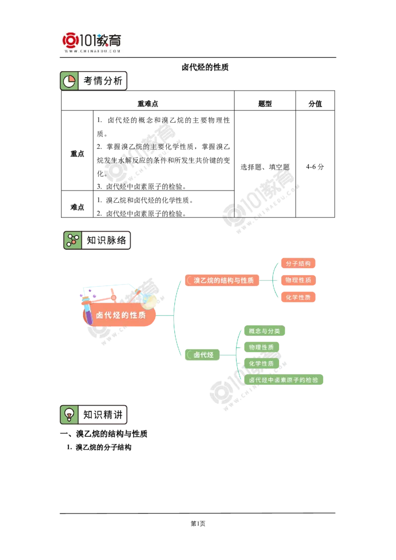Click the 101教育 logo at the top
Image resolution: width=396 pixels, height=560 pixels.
coord(93,42)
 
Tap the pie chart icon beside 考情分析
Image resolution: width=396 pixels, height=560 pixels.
coord(69,81)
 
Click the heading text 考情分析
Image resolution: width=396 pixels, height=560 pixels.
coord(102,81)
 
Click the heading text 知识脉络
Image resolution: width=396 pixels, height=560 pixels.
coord(106,240)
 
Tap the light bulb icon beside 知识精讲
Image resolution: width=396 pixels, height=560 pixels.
coord(69,415)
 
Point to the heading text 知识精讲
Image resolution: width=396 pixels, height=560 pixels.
coord(102,415)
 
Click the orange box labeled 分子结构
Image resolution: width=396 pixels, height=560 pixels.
coord(298,263)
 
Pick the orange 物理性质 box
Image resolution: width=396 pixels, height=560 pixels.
coord(298,280)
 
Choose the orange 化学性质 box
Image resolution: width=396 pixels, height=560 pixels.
coord(298,297)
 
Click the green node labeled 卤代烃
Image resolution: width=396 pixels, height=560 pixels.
coord(203,355)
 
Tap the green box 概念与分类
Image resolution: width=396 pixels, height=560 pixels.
coord(265,331)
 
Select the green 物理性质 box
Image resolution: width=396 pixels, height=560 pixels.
coord(262,347)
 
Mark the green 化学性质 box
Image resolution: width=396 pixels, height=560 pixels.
coord(261,364)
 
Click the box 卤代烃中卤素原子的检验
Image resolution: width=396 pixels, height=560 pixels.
coord(284,380)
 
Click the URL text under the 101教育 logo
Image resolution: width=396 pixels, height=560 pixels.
coord(93,51)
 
